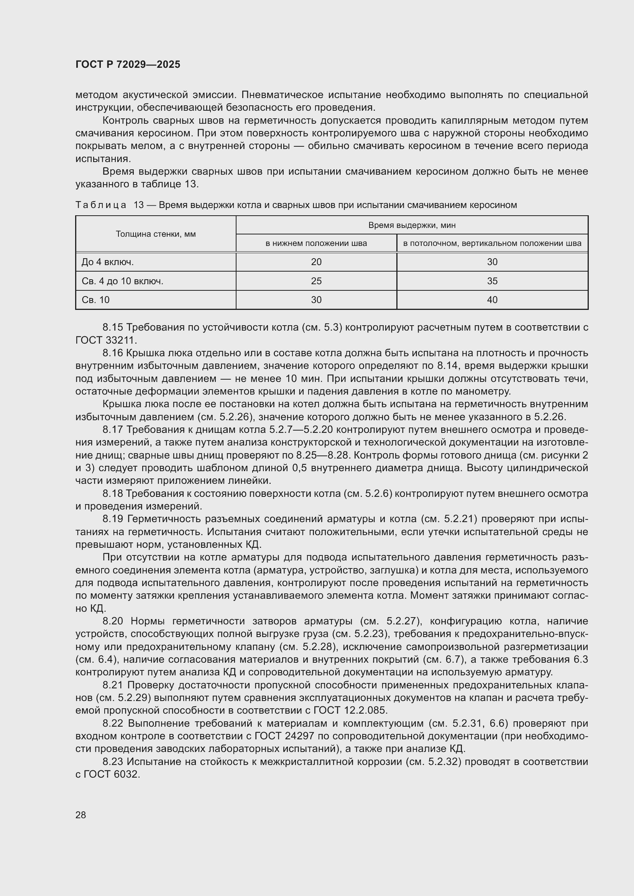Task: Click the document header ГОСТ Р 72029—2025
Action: pyautogui.click(x=128, y=64)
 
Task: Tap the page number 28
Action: pyautogui.click(x=81, y=815)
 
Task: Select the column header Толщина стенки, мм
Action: pyautogui.click(x=156, y=234)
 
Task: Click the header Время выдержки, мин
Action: pyautogui.click(x=412, y=225)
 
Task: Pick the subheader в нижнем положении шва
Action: pyautogui.click(x=316, y=244)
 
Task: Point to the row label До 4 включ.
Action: pyautogui.click(x=108, y=262)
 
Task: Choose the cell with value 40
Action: pyautogui.click(x=492, y=300)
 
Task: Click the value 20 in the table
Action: pyautogui.click(x=316, y=262)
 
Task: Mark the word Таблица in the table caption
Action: pyautogui.click(x=101, y=205)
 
